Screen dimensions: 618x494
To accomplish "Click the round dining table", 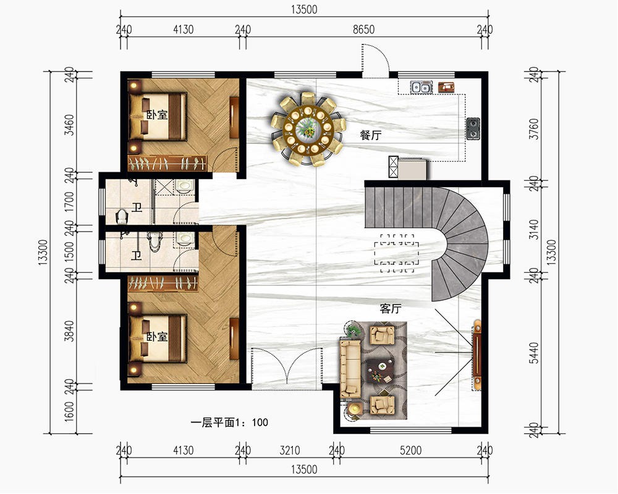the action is coord(308,128).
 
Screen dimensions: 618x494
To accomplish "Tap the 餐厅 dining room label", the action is coord(371,135).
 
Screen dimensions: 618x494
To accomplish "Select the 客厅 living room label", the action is coord(391,309).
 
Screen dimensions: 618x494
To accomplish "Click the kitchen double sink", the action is coord(420,87).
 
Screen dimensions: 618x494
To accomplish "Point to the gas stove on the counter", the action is coord(473,129).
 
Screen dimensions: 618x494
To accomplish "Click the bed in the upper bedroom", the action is coord(158,117).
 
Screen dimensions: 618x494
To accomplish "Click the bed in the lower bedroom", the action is coord(158,338).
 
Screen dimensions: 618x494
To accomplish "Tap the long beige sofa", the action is coord(350,369).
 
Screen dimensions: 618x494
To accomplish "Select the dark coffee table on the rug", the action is coord(380,371).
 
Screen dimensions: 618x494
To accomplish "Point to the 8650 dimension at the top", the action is coord(363,30).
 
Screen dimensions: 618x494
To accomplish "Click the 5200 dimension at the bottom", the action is coord(411,450).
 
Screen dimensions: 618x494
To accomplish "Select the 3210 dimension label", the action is coord(290,450).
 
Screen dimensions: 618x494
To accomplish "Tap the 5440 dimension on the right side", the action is coord(534,353).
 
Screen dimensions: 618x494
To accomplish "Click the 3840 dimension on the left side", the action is coord(69,331).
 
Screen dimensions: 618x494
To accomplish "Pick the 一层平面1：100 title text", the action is coord(229,423).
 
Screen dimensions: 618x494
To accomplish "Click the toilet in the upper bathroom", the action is coord(122,217).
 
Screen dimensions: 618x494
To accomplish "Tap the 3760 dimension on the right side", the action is coord(534,129).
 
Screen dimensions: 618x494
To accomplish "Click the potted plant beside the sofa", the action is coord(353,329).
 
